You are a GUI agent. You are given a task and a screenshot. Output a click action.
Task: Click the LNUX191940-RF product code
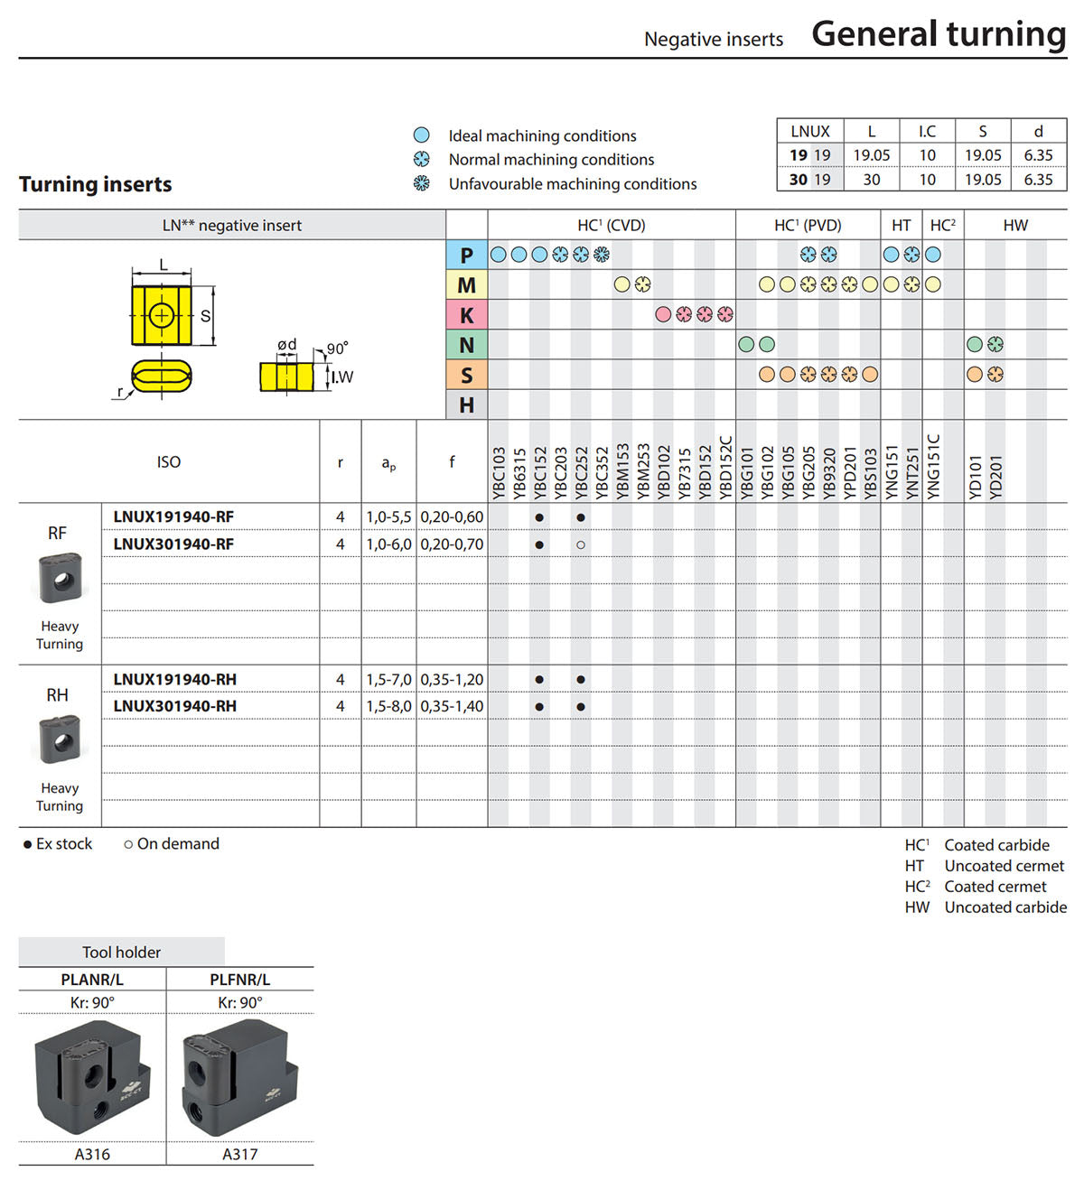173,516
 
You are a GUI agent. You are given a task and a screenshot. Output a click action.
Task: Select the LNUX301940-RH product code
174,706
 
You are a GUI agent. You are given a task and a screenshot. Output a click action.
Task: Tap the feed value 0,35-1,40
452,706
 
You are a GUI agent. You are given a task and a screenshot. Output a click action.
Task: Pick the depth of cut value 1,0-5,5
388,516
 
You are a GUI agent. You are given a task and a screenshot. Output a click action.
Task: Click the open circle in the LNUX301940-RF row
581,544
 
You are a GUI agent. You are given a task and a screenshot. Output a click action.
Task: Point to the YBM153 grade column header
622,471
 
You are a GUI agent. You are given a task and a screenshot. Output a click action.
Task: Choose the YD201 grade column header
995,477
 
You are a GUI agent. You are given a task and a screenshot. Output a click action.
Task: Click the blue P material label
467,256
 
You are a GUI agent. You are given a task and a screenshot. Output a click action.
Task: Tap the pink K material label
467,315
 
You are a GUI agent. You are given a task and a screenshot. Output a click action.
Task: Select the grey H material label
467,405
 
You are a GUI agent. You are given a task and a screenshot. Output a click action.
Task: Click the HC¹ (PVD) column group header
808,226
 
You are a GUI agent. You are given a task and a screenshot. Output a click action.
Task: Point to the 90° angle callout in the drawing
337,349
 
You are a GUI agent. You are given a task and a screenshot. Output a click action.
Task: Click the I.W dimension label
342,377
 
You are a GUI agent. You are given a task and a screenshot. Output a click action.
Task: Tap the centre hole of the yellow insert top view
161,315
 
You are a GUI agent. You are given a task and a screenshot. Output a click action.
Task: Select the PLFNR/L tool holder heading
239,980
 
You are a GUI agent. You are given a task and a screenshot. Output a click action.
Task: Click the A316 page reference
92,1154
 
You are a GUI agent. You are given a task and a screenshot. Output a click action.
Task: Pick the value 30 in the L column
871,179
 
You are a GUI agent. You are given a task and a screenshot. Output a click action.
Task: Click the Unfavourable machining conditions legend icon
422,183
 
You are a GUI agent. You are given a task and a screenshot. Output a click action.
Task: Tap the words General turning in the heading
939,34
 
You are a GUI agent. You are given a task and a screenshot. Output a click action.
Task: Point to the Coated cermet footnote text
995,887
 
